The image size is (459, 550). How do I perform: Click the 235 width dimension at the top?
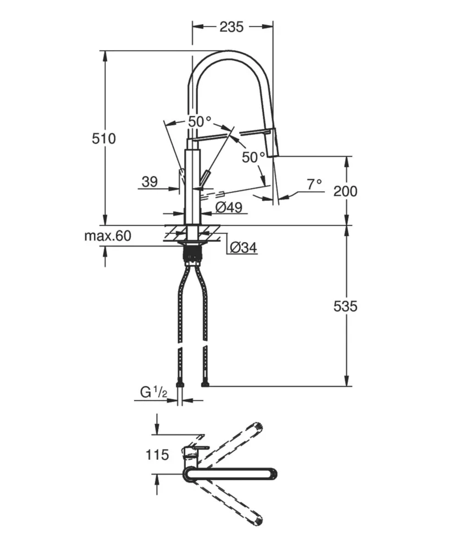(231, 27)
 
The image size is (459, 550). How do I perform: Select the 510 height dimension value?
(103, 139)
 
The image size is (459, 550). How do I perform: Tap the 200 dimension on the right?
(345, 191)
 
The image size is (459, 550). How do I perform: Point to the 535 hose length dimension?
(345, 306)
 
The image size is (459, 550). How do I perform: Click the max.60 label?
(108, 237)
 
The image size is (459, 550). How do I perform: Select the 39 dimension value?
(150, 182)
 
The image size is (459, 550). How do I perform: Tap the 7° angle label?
(314, 184)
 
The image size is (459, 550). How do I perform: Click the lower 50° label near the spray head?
(253, 157)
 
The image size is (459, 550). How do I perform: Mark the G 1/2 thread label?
(154, 393)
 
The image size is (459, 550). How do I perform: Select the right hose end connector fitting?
(205, 385)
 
